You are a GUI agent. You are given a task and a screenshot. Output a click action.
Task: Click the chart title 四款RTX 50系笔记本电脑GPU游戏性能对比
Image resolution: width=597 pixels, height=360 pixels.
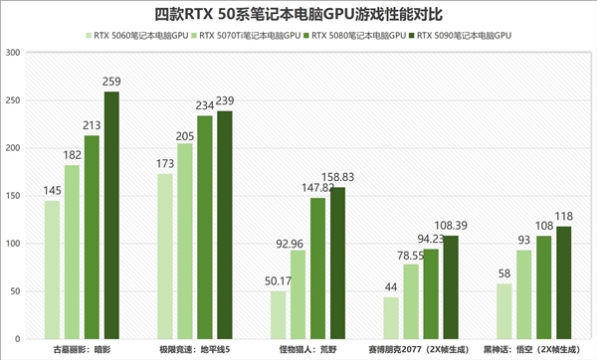tap(298, 15)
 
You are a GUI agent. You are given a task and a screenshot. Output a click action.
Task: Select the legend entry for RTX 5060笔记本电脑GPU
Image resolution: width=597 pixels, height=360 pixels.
tap(139, 35)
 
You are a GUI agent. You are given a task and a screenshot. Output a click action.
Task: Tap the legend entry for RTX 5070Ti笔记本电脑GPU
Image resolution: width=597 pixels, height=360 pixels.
tap(249, 35)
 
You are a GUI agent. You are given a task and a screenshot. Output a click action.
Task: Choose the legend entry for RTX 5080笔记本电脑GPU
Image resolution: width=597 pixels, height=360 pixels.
tap(355, 35)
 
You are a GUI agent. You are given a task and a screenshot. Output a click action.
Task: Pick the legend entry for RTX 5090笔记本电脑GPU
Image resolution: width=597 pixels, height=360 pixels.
tap(462, 35)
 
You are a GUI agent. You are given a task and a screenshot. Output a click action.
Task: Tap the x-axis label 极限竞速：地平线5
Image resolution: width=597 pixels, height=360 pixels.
tap(195, 350)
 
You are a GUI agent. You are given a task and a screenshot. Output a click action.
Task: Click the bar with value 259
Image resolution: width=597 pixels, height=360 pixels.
tap(111, 215)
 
